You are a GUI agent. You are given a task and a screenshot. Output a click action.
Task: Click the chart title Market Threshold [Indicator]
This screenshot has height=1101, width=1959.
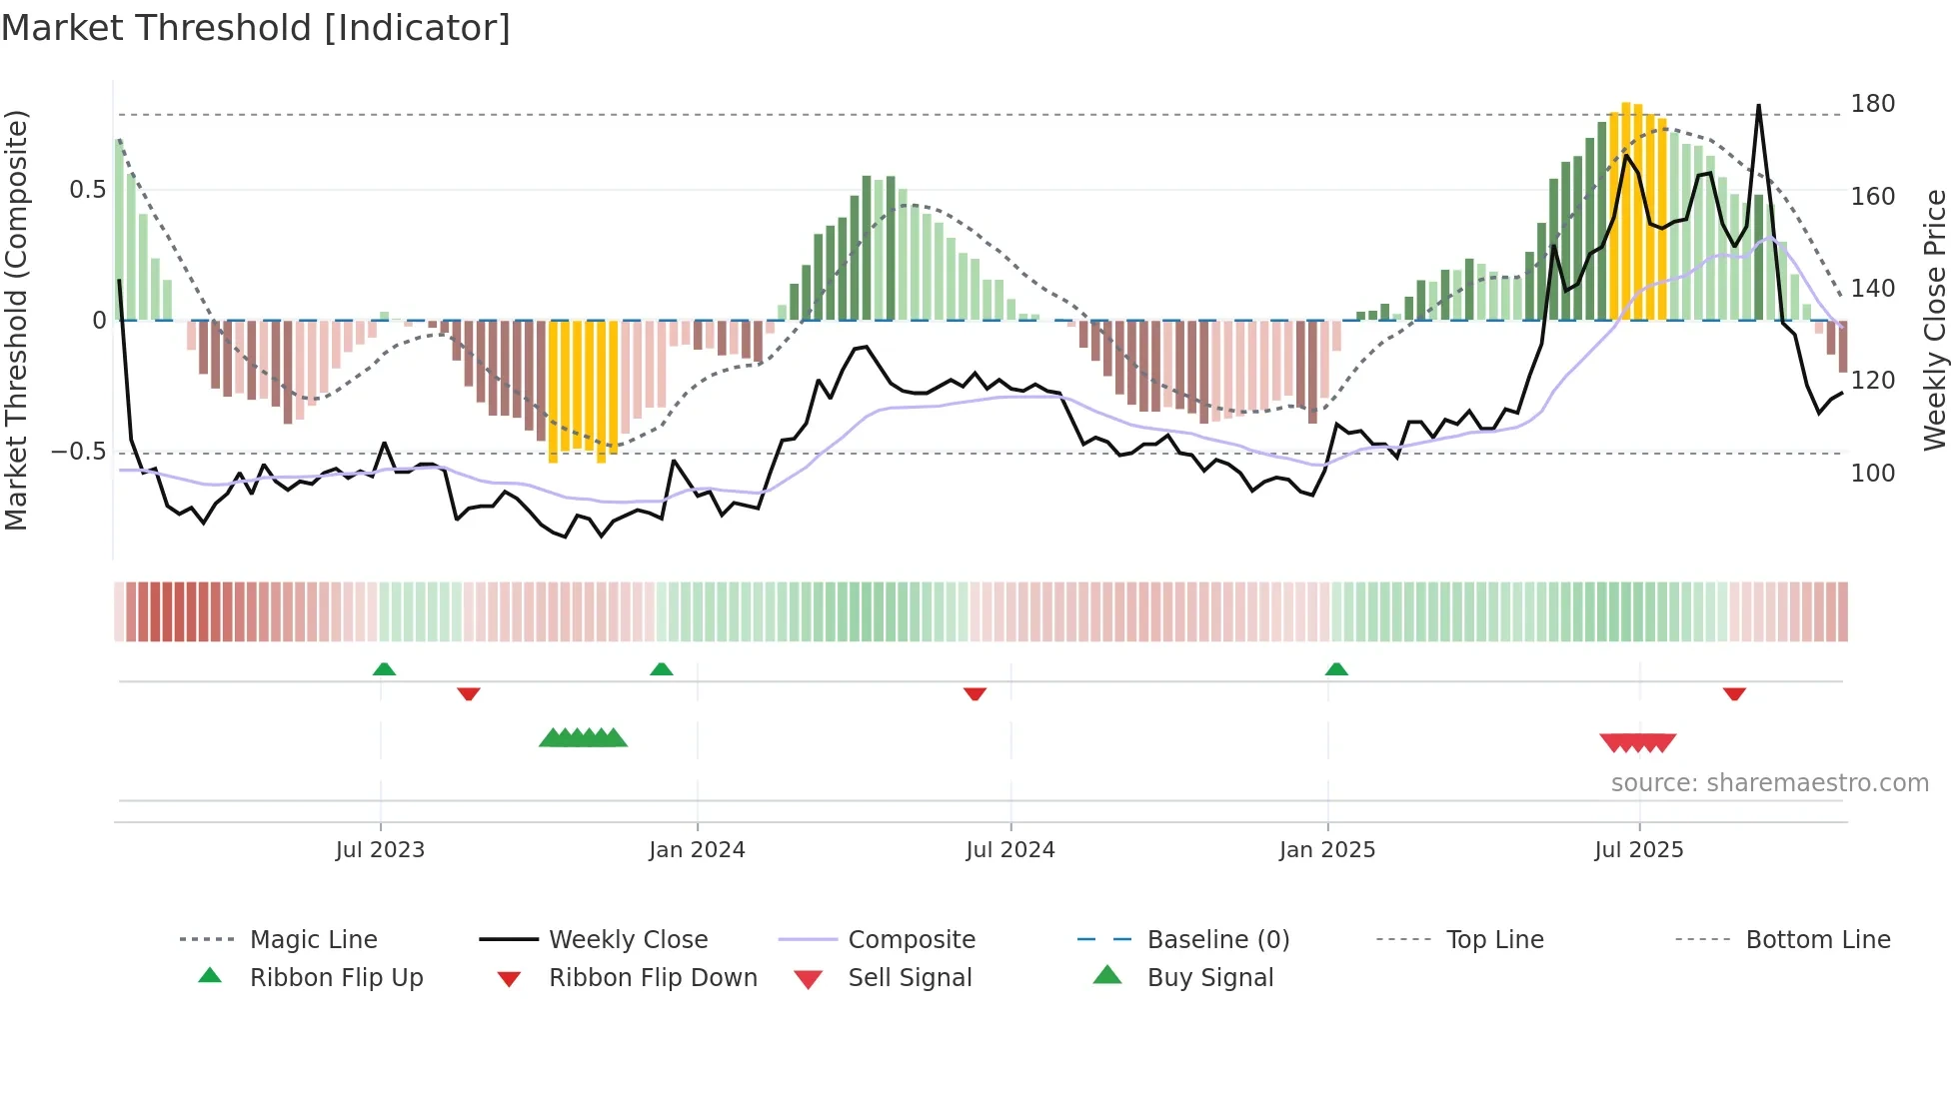pyautogui.click(x=256, y=28)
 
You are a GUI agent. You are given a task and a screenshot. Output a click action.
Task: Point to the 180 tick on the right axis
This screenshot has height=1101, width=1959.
pyautogui.click(x=1872, y=104)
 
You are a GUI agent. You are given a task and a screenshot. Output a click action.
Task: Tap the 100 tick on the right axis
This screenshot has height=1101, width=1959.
pyautogui.click(x=1872, y=474)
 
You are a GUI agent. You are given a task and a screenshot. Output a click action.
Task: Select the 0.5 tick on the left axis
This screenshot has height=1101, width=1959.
pyautogui.click(x=88, y=190)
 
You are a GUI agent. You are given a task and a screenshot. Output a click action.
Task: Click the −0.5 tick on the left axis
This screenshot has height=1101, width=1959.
pyautogui.click(x=79, y=452)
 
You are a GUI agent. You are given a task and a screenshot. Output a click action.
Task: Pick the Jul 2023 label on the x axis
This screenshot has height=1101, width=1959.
pyautogui.click(x=380, y=850)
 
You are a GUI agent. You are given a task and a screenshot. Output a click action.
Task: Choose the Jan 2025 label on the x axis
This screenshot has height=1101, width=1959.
pyautogui.click(x=1327, y=850)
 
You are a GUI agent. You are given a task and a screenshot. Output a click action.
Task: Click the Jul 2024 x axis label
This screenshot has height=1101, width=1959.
pyautogui.click(x=1010, y=850)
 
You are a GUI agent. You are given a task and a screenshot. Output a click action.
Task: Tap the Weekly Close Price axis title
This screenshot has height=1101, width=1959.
pyautogui.click(x=1935, y=320)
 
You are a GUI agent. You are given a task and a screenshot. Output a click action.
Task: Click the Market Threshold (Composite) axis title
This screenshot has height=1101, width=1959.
pyautogui.click(x=17, y=320)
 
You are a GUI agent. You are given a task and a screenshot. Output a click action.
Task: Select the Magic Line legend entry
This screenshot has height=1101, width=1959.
pyautogui.click(x=313, y=940)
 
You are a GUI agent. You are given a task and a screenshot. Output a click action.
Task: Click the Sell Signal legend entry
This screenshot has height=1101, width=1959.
pyautogui.click(x=910, y=978)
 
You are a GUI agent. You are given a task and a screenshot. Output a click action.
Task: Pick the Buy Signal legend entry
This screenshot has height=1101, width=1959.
pyautogui.click(x=1210, y=978)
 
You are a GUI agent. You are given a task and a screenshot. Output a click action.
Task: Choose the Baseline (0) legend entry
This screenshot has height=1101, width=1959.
pyautogui.click(x=1218, y=940)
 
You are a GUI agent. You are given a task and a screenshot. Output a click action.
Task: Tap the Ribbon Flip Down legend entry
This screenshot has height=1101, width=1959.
pyautogui.click(x=653, y=978)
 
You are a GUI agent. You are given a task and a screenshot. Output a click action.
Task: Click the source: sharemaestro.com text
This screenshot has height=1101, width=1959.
pyautogui.click(x=1769, y=783)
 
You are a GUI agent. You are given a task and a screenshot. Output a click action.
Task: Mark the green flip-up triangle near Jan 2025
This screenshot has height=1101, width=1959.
pyautogui.click(x=1336, y=669)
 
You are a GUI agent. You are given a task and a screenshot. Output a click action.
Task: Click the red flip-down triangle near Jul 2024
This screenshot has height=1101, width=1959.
pyautogui.click(x=975, y=693)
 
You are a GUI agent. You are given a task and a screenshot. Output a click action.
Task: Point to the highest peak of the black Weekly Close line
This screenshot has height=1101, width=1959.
pyautogui.click(x=1758, y=106)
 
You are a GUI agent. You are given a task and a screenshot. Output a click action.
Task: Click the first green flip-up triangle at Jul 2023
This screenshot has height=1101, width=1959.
pyautogui.click(x=384, y=669)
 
